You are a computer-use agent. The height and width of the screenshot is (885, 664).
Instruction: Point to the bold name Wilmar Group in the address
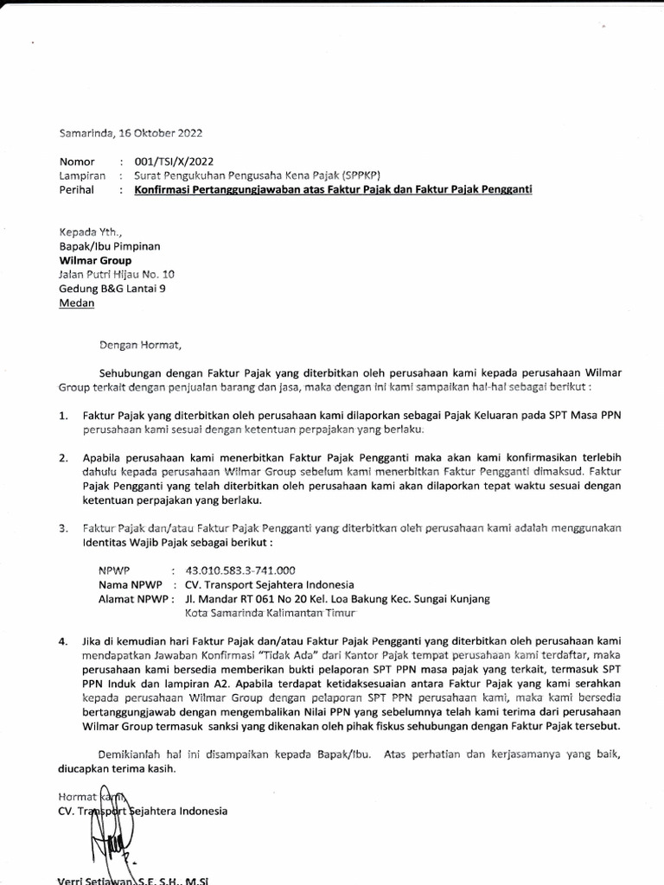point(95,259)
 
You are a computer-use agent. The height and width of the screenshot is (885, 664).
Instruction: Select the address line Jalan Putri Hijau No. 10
point(116,274)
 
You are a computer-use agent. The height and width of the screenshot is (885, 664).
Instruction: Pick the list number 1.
point(63,416)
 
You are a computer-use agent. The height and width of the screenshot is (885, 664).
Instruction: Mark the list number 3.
point(63,527)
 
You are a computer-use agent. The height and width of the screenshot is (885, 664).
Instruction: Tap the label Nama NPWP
point(131,584)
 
